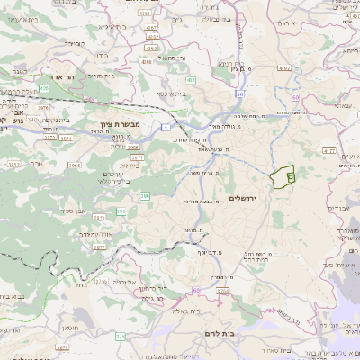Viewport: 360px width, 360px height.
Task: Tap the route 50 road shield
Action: click(x=240, y=93)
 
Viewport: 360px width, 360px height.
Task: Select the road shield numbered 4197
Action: click(x=285, y=67)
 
